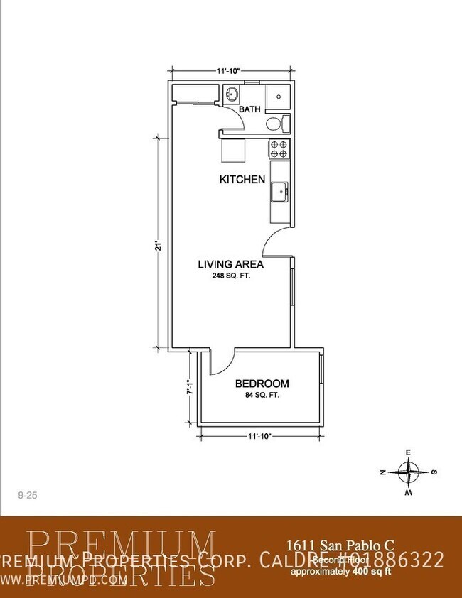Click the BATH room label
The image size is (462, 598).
tap(249, 109)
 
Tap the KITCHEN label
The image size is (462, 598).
tap(242, 180)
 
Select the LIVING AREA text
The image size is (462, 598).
tap(230, 264)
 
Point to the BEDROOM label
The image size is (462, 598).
tap(262, 384)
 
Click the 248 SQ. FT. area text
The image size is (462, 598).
tap(230, 276)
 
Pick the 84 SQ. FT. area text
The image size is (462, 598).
tap(262, 395)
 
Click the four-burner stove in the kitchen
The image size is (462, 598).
tap(279, 148)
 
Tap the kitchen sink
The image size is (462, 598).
tap(280, 190)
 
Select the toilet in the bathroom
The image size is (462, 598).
tap(276, 125)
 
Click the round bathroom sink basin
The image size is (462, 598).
tap(232, 94)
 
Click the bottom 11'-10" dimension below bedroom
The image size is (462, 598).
tap(261, 435)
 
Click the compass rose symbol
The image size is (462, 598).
tap(409, 472)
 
